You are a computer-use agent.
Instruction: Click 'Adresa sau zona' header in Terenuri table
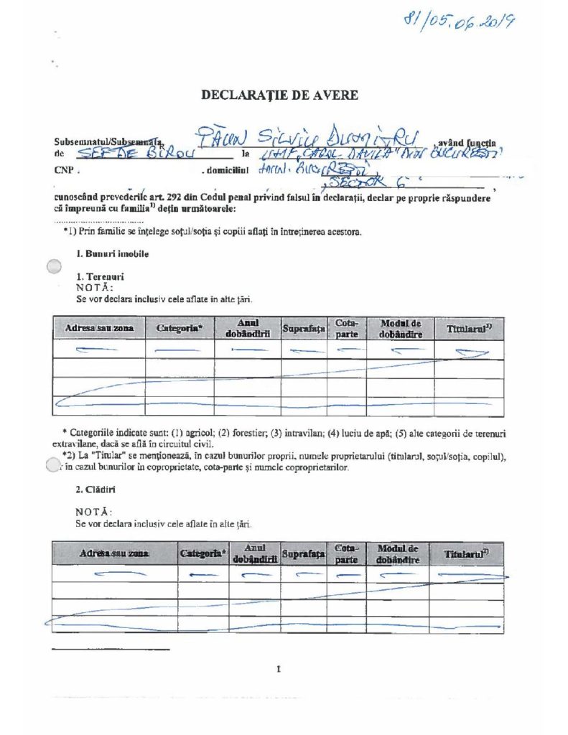pyautogui.click(x=99, y=328)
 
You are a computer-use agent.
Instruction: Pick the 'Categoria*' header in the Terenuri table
pyautogui.click(x=180, y=328)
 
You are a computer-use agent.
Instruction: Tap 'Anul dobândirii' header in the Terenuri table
pyautogui.click(x=247, y=328)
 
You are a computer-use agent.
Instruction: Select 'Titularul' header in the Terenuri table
pyautogui.click(x=468, y=328)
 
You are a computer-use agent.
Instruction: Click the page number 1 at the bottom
pyautogui.click(x=278, y=670)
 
